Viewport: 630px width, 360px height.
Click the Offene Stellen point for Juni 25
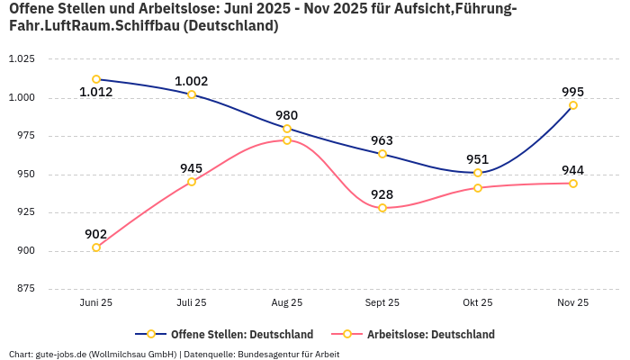click(x=96, y=79)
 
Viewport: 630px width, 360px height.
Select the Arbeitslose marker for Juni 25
click(x=96, y=247)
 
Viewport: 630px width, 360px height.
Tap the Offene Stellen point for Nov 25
click(x=573, y=105)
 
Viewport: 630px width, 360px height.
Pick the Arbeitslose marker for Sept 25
click(x=382, y=208)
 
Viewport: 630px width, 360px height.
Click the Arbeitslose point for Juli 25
click(x=192, y=182)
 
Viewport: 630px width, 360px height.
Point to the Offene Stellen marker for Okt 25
click(x=478, y=173)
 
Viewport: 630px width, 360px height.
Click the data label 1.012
click(x=96, y=92)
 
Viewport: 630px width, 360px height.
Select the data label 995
click(x=573, y=92)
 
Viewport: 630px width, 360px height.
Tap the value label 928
click(x=382, y=194)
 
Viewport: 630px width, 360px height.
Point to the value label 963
click(x=382, y=140)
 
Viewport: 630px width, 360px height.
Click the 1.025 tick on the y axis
click(x=21, y=59)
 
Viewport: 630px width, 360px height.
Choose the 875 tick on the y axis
click(x=24, y=289)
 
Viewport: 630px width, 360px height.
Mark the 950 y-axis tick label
click(x=24, y=175)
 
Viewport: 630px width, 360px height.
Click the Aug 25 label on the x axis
click(x=287, y=303)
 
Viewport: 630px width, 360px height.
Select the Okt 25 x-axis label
click(x=478, y=303)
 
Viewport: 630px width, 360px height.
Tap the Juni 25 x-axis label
click(x=96, y=303)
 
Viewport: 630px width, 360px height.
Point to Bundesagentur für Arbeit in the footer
click(x=291, y=354)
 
